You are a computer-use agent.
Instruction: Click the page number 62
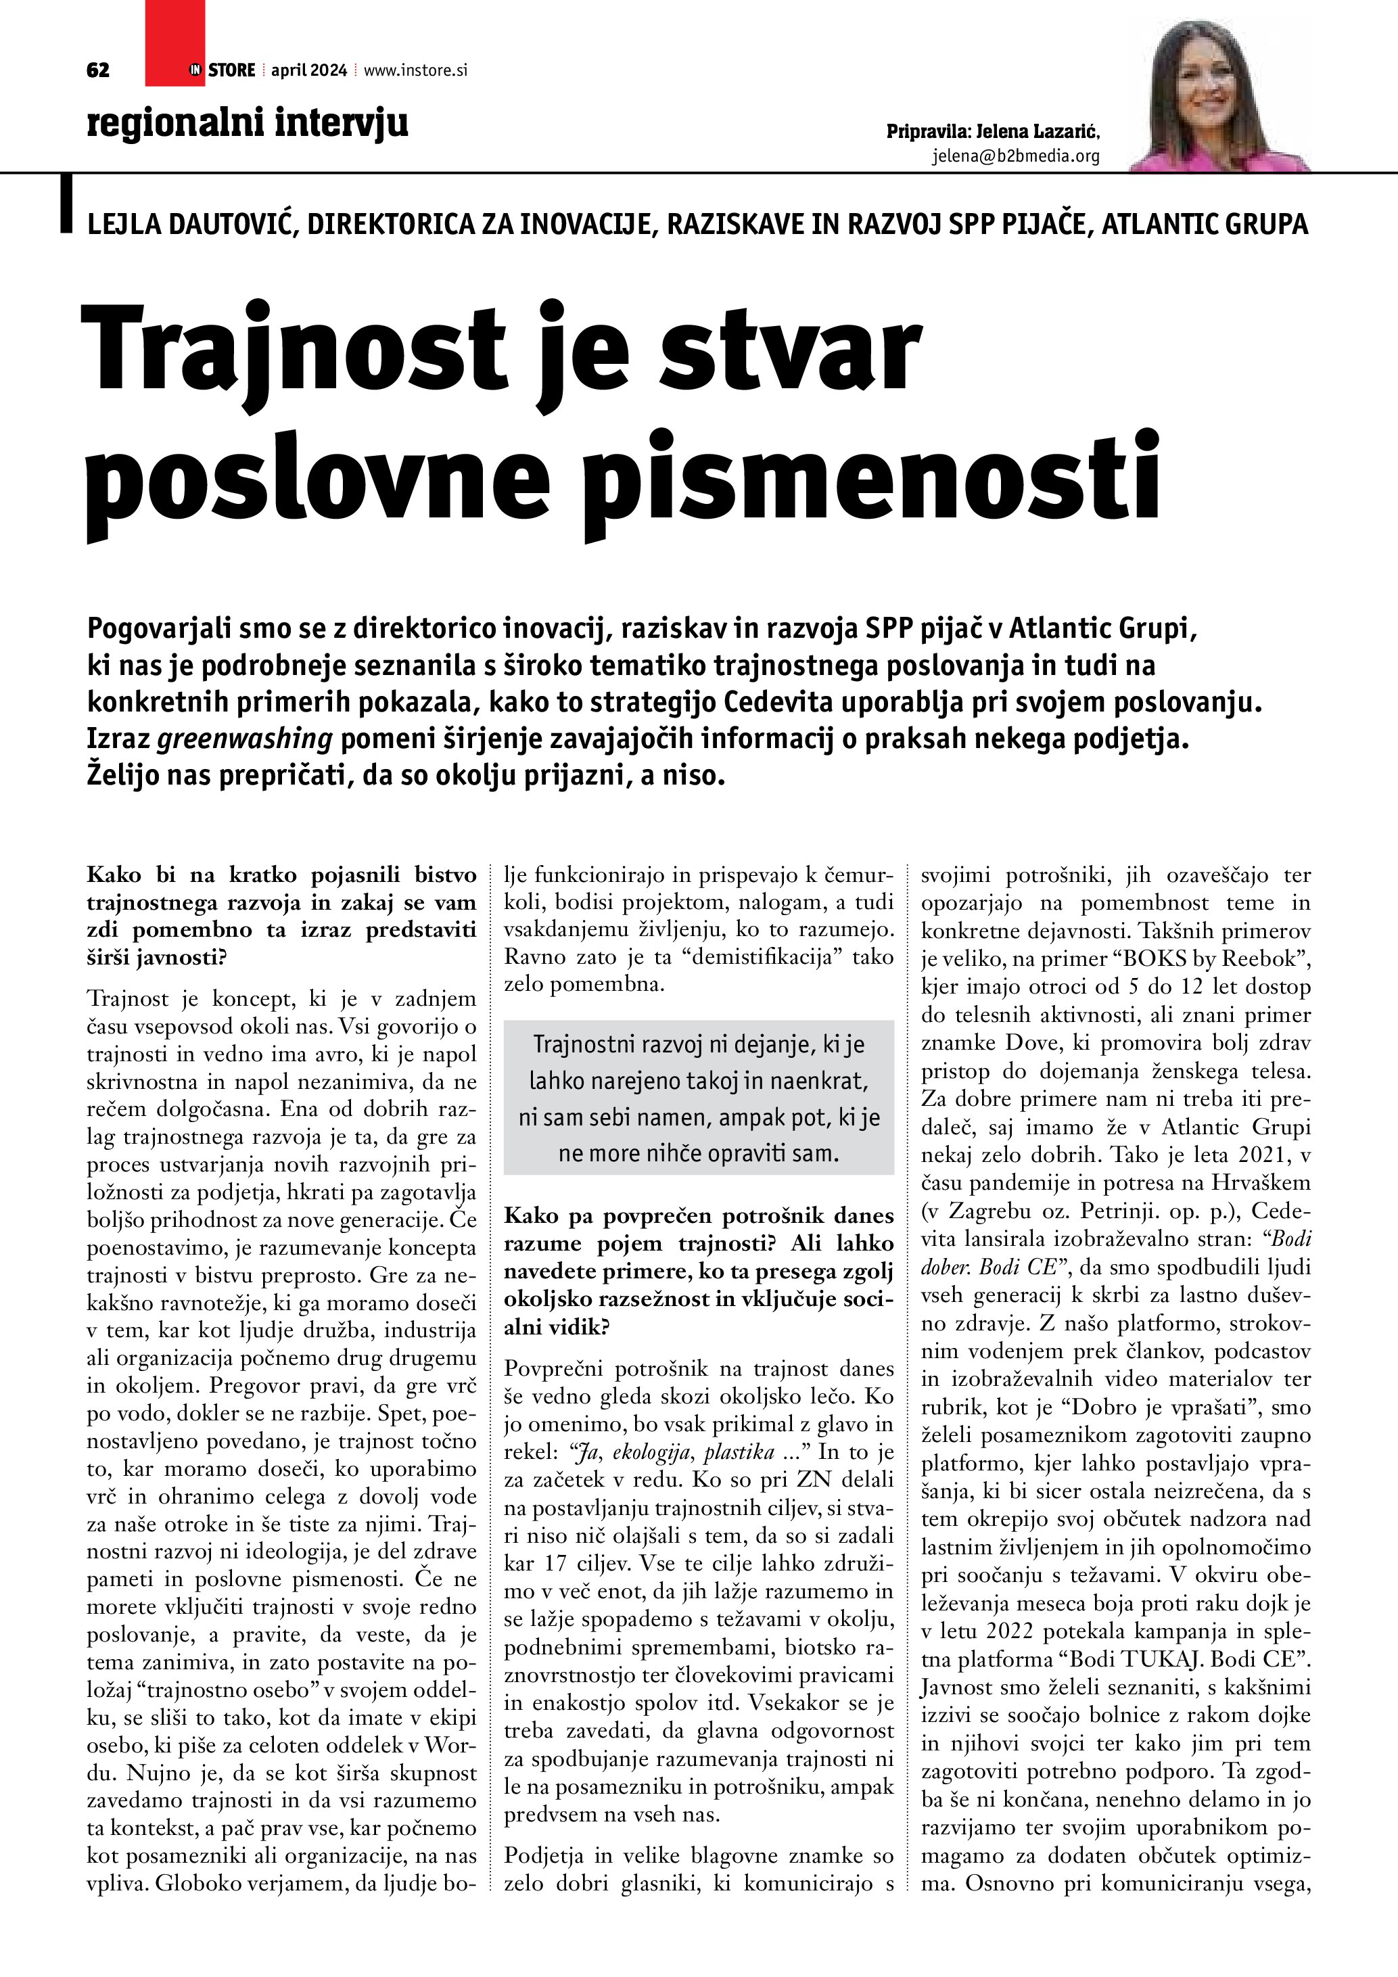pyautogui.click(x=98, y=70)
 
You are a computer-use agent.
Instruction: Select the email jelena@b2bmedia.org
pyautogui.click(x=1016, y=156)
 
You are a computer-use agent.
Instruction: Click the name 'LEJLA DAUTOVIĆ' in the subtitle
pyautogui.click(x=193, y=224)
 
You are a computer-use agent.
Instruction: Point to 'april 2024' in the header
pyautogui.click(x=309, y=70)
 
